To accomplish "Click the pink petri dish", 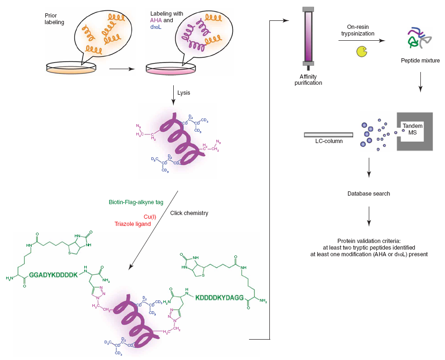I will [x=170, y=68].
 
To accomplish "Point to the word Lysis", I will [x=184, y=92].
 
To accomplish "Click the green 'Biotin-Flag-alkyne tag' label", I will [x=136, y=202].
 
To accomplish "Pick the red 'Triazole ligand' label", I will [x=133, y=224].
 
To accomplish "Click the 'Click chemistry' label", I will [x=189, y=213].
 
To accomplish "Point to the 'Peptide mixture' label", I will [x=420, y=61].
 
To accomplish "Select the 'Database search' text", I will [x=369, y=194].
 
